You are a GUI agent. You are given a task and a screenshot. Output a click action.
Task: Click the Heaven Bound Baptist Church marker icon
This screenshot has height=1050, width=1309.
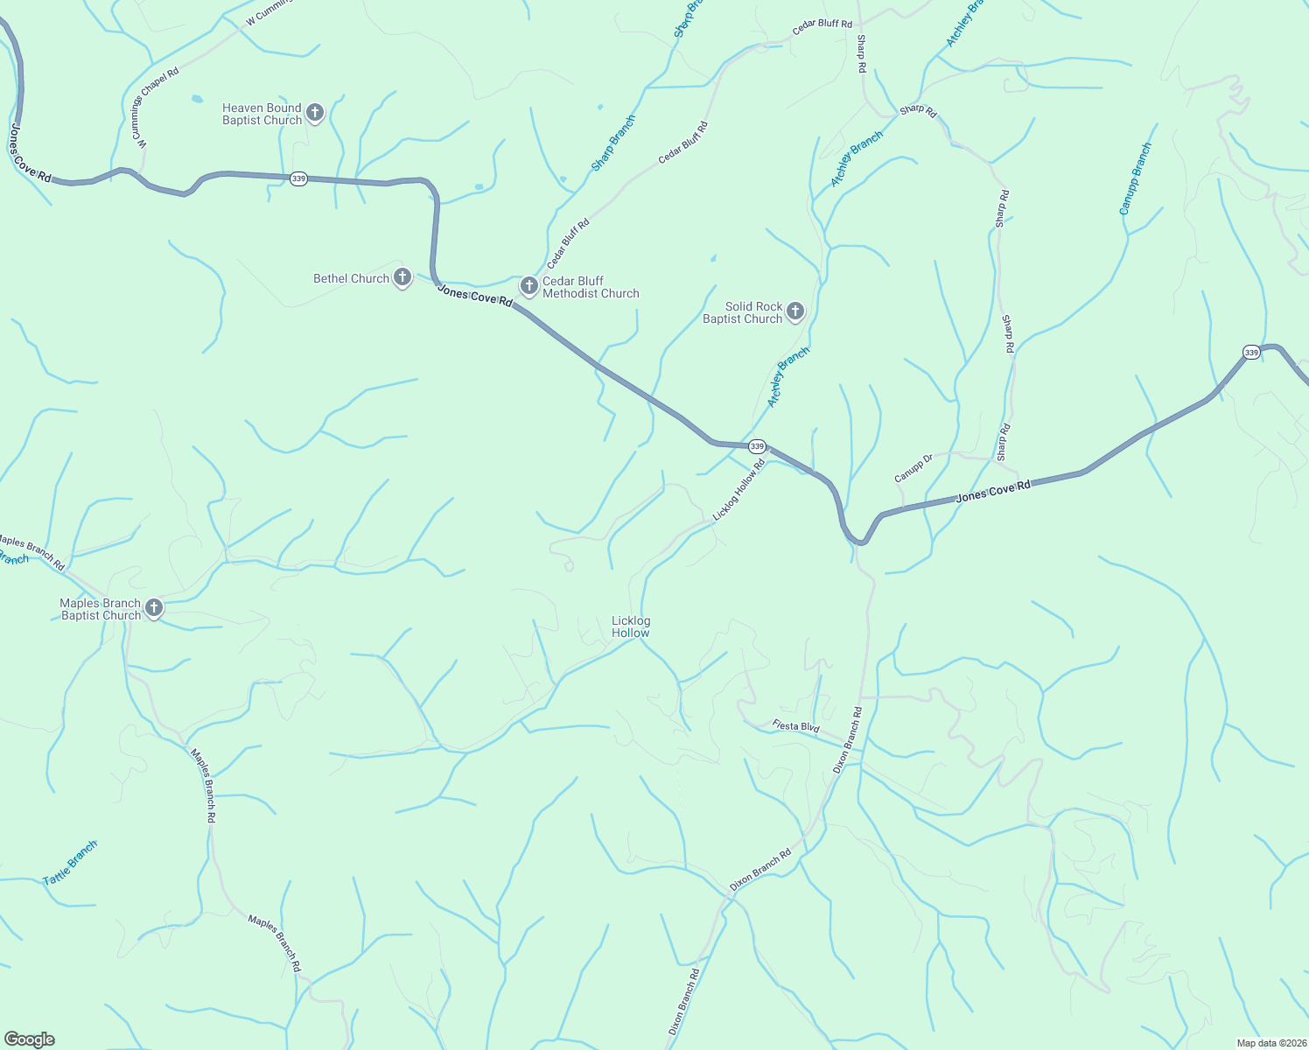pyautogui.click(x=315, y=113)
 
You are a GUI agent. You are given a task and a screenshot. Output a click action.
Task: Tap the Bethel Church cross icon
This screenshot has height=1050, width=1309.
pyautogui.click(x=402, y=277)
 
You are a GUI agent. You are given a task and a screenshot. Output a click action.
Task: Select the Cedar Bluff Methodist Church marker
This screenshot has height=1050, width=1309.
pyautogui.click(x=528, y=285)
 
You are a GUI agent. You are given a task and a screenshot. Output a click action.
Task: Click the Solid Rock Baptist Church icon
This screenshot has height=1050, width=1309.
pyautogui.click(x=794, y=311)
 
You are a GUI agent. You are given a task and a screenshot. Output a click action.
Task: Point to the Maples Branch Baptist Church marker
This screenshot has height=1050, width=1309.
pyautogui.click(x=154, y=607)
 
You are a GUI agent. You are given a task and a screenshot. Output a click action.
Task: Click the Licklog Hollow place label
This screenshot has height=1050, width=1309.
pyautogui.click(x=631, y=626)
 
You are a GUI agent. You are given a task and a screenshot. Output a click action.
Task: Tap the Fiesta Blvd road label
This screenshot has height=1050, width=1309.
pyautogui.click(x=795, y=726)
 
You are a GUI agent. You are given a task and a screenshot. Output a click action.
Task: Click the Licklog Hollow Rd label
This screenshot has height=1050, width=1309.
pyautogui.click(x=738, y=491)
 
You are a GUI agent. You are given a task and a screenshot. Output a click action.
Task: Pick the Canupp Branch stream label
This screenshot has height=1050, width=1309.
pyautogui.click(x=1136, y=178)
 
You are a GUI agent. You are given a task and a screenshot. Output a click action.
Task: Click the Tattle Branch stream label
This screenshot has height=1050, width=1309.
pyautogui.click(x=70, y=863)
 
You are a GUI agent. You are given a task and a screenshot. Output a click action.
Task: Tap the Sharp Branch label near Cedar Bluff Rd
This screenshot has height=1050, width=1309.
pyautogui.click(x=612, y=143)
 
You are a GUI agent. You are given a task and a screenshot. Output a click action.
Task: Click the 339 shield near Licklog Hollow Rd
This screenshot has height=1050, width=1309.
pyautogui.click(x=757, y=446)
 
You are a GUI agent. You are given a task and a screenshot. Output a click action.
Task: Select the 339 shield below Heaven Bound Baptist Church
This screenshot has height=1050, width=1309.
pyautogui.click(x=298, y=178)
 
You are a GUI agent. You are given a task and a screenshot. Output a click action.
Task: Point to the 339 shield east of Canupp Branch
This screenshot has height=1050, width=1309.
pyautogui.click(x=1251, y=353)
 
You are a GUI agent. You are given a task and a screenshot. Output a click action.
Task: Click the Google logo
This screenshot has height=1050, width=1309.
pyautogui.click(x=30, y=1039)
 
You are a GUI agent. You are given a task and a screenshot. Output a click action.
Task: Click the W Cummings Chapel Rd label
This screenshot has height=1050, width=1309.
pyautogui.click(x=140, y=114)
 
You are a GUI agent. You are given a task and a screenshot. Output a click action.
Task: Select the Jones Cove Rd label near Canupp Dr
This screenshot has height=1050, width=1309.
pyautogui.click(x=993, y=491)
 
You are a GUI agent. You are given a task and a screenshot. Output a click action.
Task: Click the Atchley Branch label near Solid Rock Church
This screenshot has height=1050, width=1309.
pyautogui.click(x=788, y=377)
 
